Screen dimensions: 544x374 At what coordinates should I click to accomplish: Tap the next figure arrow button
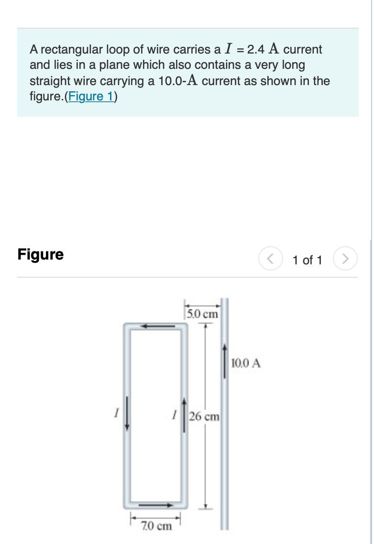pos(345,260)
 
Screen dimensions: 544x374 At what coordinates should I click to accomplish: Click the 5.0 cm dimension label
pos(202,314)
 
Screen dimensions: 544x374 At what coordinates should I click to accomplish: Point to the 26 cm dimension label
pos(204,416)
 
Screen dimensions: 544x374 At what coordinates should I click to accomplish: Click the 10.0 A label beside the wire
pos(246,363)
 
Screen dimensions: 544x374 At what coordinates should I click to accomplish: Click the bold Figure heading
pos(41,254)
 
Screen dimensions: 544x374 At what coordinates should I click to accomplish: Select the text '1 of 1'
pos(308,260)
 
